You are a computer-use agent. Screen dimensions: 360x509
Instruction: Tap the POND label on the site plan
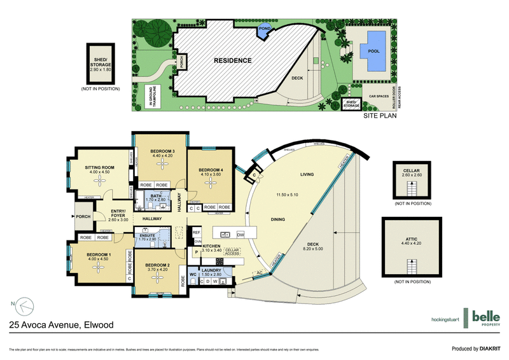pos(263,29)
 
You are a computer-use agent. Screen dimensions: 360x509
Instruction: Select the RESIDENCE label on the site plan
pos(232,61)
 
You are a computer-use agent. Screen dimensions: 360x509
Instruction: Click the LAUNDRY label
pos(211,270)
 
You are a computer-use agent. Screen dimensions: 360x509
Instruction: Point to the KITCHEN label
pos(211,246)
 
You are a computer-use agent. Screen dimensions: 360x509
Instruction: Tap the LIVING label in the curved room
pos(310,174)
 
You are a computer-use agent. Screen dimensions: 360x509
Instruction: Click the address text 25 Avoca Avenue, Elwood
pos(62,325)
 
